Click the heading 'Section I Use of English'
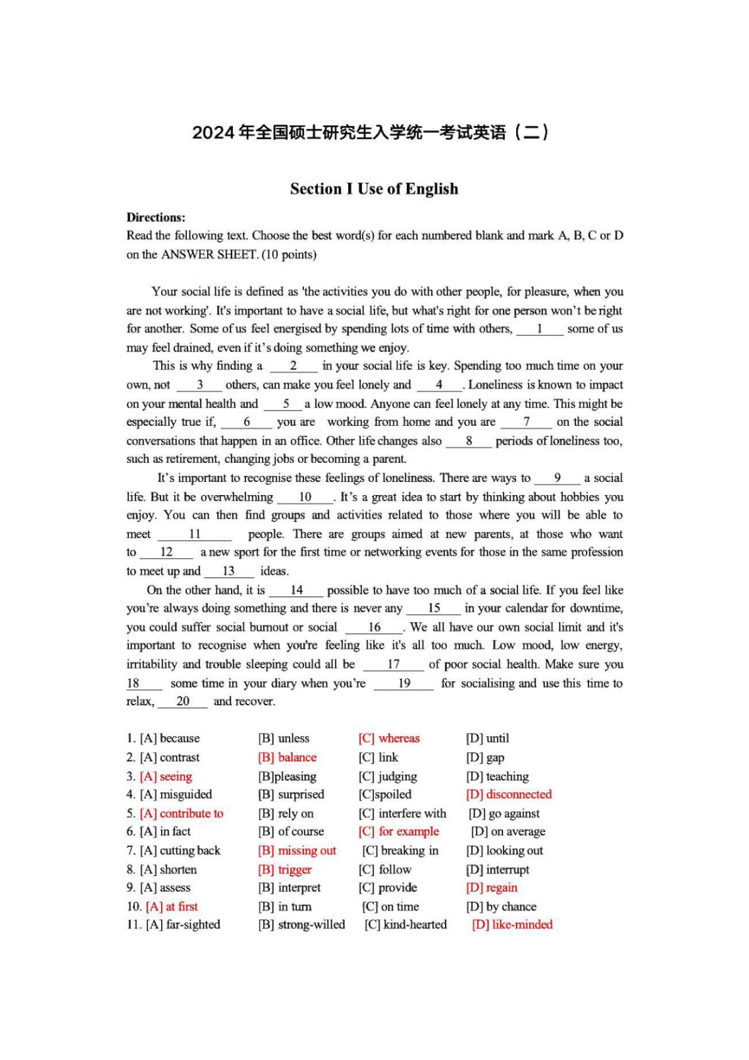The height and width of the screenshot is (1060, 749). tap(374, 189)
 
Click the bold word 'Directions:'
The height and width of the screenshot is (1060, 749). tap(156, 217)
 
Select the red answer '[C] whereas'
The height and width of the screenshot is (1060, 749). tap(389, 738)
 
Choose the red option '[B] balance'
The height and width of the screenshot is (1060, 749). tap(287, 757)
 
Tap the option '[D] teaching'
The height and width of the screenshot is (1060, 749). tap(497, 776)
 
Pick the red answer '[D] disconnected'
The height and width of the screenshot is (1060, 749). tap(509, 794)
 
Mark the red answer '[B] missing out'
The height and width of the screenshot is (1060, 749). tap(297, 850)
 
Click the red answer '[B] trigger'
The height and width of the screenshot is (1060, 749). tap(284, 869)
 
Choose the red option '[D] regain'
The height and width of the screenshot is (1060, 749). tap(492, 887)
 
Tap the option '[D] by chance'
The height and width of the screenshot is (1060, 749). tap(501, 906)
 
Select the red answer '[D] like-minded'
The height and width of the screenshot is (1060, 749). tap(512, 925)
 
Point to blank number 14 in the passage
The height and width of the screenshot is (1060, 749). tap(296, 590)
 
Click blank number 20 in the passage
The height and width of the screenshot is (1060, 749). tap(183, 702)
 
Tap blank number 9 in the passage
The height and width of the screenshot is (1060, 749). tap(557, 478)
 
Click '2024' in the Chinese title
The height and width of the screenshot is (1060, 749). tap(213, 133)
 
